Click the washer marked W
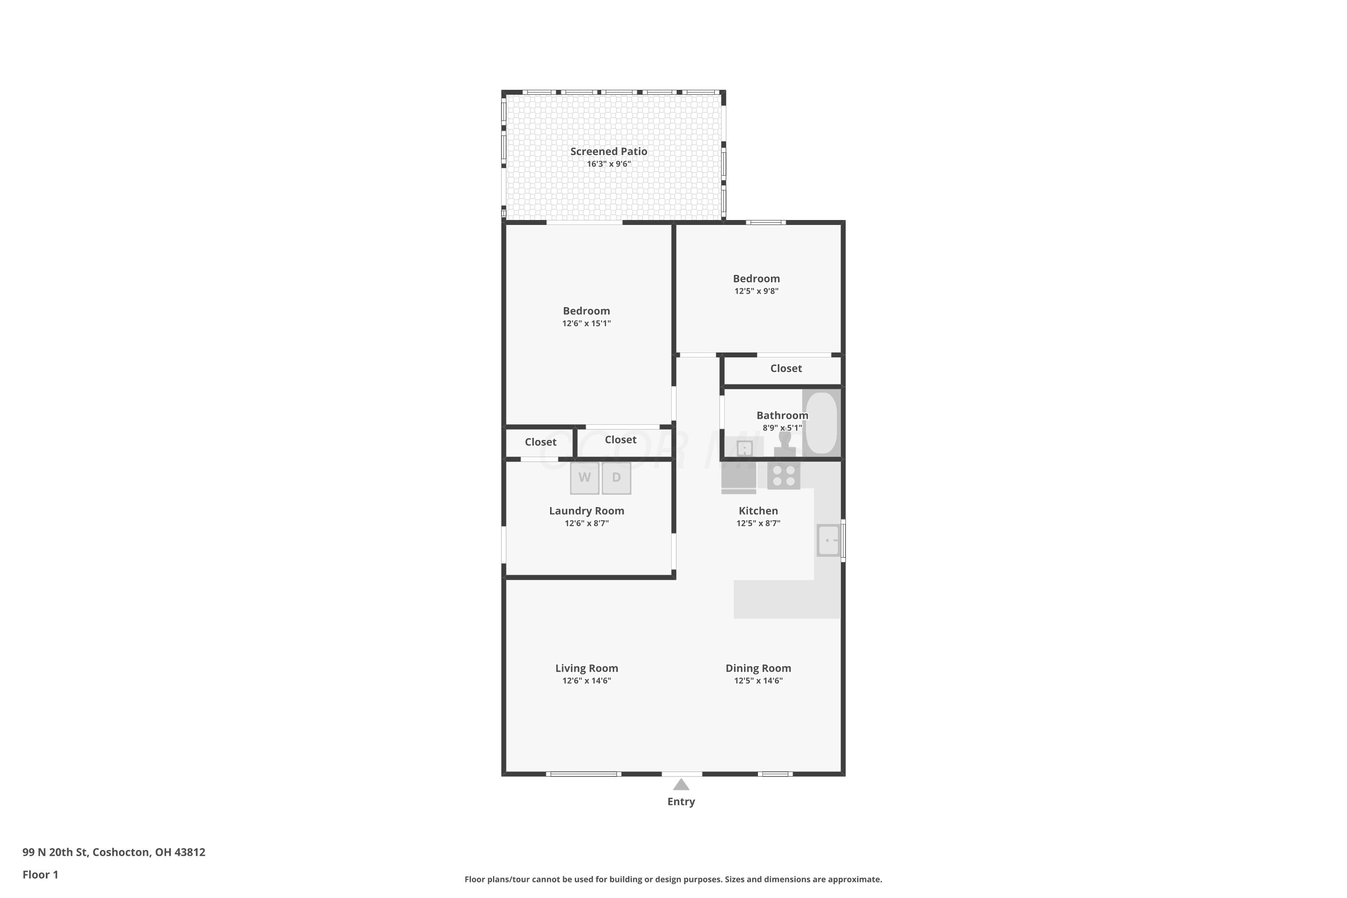pyautogui.click(x=584, y=478)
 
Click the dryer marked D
pyautogui.click(x=616, y=478)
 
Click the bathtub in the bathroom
pyautogui.click(x=821, y=423)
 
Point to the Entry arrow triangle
pyautogui.click(x=681, y=784)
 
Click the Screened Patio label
pyautogui.click(x=609, y=151)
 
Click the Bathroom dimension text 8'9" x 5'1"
pyautogui.click(x=782, y=428)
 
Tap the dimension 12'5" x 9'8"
pyautogui.click(x=757, y=291)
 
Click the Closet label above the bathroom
pyautogui.click(x=786, y=368)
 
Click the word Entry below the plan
pyautogui.click(x=681, y=802)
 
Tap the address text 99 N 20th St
pyautogui.click(x=55, y=852)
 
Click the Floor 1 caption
pyautogui.click(x=40, y=875)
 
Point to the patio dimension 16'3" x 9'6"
pyautogui.click(x=609, y=164)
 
